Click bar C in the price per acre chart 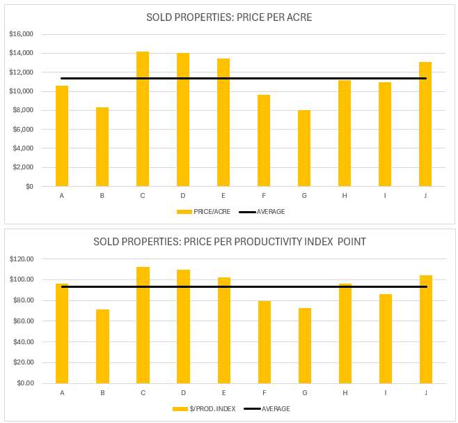pos(143,118)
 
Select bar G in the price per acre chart pos(304,148)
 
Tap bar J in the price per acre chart pos(425,124)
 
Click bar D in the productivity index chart pos(183,326)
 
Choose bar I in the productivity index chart pos(385,339)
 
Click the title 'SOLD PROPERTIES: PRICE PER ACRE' pos(229,17)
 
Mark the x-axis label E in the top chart pos(223,196)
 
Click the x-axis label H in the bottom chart pos(345,392)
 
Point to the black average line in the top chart pos(244,78)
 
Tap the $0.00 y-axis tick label pos(26,383)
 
